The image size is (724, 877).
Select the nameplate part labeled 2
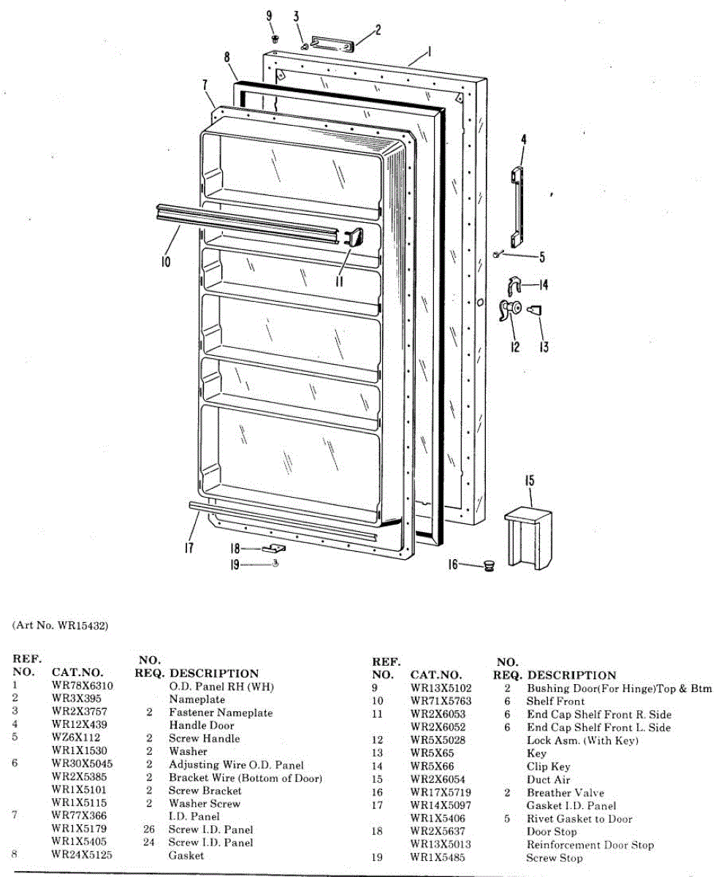click(331, 42)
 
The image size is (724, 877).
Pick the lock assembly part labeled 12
click(507, 310)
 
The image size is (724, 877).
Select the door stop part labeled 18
click(277, 547)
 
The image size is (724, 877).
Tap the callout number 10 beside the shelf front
click(166, 261)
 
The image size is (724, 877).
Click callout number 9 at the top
click(269, 16)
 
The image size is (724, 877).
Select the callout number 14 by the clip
click(544, 284)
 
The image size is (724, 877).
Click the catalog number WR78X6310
click(83, 686)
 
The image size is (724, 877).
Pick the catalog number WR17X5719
click(441, 793)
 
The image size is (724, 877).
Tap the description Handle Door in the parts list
click(202, 726)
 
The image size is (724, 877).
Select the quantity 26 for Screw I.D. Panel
click(150, 829)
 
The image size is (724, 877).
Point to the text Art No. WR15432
click(61, 626)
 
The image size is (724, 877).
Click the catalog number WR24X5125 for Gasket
click(82, 855)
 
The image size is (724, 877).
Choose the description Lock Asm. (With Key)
click(582, 740)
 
